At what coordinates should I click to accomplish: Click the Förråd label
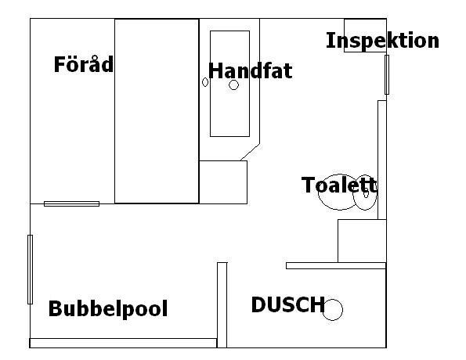(84, 64)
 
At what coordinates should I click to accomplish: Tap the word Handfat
(251, 70)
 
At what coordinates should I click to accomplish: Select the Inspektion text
(382, 41)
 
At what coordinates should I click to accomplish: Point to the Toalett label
(339, 185)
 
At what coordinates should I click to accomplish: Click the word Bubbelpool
(108, 309)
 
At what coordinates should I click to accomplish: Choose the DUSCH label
(287, 304)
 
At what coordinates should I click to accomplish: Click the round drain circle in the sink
(233, 85)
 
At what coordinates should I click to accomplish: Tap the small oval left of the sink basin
(205, 82)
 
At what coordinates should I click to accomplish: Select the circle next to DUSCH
(333, 309)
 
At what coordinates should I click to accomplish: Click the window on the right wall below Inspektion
(387, 74)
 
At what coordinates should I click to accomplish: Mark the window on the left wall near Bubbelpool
(30, 269)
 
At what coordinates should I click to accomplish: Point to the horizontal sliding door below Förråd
(71, 203)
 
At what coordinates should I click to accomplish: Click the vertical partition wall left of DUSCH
(222, 305)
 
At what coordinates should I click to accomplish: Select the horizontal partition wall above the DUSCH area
(336, 265)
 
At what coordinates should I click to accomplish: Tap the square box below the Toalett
(362, 241)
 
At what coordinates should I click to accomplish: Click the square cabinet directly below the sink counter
(223, 182)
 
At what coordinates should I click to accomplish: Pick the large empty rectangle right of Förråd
(157, 111)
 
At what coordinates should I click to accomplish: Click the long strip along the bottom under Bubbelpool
(123, 343)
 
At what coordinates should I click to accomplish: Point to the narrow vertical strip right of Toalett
(382, 160)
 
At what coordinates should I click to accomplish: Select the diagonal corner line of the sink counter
(250, 153)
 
